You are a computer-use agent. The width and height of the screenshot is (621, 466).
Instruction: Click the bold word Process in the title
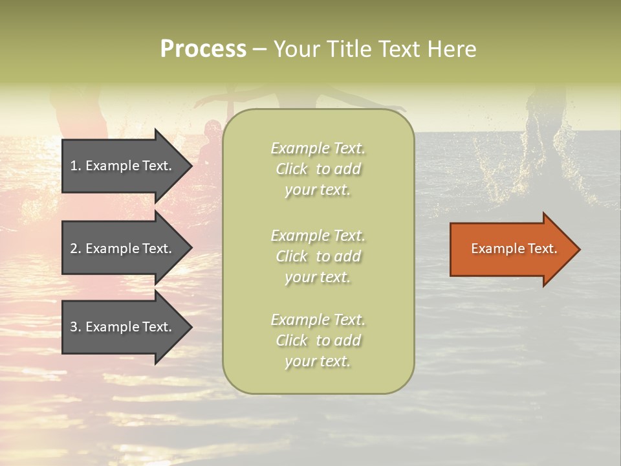pyautogui.click(x=203, y=49)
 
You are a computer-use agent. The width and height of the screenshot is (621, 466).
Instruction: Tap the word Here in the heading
pyautogui.click(x=452, y=49)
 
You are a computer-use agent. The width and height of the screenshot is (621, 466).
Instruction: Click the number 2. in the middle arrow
pyautogui.click(x=76, y=249)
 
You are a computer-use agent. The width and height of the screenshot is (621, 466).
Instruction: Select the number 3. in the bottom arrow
pyautogui.click(x=76, y=327)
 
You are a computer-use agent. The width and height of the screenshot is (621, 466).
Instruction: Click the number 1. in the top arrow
pyautogui.click(x=76, y=166)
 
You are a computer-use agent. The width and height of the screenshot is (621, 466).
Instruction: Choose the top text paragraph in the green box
pyautogui.click(x=318, y=169)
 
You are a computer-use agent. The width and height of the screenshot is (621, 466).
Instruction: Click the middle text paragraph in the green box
pyautogui.click(x=318, y=256)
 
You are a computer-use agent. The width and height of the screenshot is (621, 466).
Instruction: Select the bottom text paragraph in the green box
pyautogui.click(x=318, y=340)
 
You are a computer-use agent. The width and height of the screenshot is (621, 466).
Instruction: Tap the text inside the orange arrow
pyautogui.click(x=514, y=249)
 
